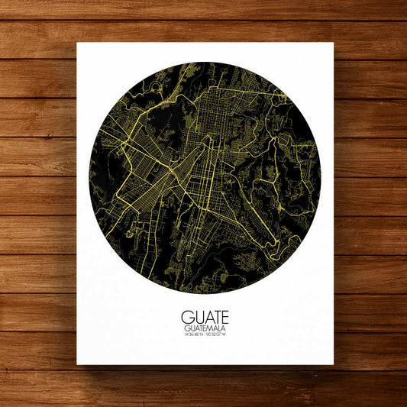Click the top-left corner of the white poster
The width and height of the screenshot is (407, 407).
77,43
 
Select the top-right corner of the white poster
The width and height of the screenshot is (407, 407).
333,43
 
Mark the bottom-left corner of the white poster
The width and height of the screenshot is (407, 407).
77,364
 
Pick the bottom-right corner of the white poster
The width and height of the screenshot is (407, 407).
333,364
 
